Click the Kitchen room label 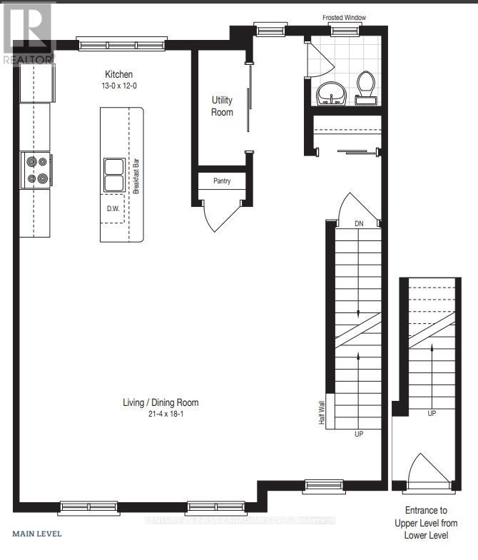point(119,74)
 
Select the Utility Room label point(222,106)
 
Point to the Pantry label point(222,181)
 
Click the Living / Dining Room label point(160,403)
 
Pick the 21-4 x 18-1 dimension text point(160,414)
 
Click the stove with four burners point(36,170)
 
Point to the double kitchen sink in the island point(113,175)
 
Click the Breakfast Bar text point(134,175)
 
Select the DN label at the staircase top point(359,224)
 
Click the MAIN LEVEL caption point(37,533)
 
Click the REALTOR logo point(27,32)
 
